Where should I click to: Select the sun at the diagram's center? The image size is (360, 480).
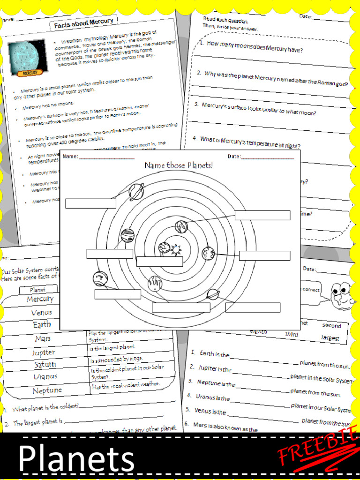pyautogui.click(x=176, y=249)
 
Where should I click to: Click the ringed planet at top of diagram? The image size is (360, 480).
pyautogui.click(x=136, y=191)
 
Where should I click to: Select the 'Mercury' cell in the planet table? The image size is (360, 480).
pyautogui.click(x=40, y=299)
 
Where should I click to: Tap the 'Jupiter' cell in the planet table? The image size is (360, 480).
pyautogui.click(x=43, y=352)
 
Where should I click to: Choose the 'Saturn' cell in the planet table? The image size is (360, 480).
pyautogui.click(x=45, y=364)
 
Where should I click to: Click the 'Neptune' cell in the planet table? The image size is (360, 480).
pyautogui.click(x=47, y=390)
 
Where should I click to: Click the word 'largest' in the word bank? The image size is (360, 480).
pyautogui.click(x=330, y=337)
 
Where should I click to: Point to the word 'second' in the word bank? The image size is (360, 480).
pyautogui.click(x=331, y=325)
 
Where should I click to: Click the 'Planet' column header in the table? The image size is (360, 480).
pyautogui.click(x=37, y=290)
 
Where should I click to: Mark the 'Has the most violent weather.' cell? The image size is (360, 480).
pyautogui.click(x=126, y=385)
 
